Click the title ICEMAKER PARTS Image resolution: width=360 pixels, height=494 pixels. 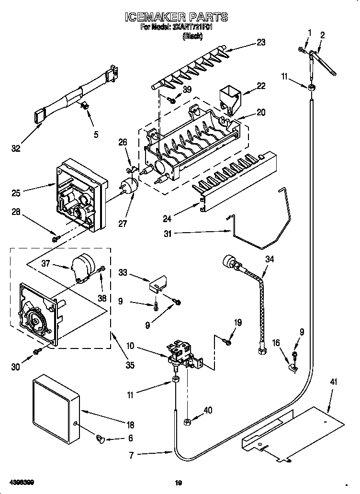pos(176,18)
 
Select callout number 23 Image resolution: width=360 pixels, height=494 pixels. pos(260,42)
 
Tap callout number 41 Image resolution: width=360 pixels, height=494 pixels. pos(333,382)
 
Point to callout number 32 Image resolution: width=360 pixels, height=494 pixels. pos(16,148)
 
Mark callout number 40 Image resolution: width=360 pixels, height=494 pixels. pos(208,410)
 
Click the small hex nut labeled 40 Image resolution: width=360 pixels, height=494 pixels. pos(187,421)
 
